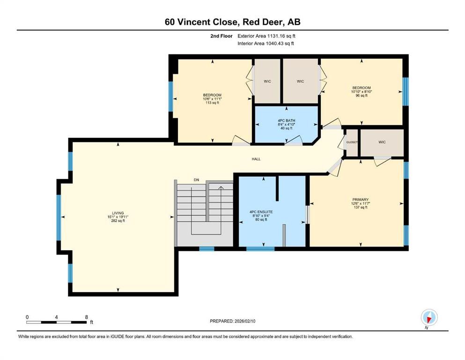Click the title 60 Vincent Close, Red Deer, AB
pos(232,22)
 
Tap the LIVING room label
pos(118,213)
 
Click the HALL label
pos(256,159)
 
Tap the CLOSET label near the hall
pos(352,142)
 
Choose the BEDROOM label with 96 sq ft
pos(361,88)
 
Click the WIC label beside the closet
pos(382,142)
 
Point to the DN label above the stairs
pos(197,180)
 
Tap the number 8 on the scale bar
pos(86,317)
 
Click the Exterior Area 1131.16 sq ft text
pos(266,36)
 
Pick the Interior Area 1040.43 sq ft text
pos(266,43)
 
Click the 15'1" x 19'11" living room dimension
pos(118,217)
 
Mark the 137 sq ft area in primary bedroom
pos(360,207)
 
